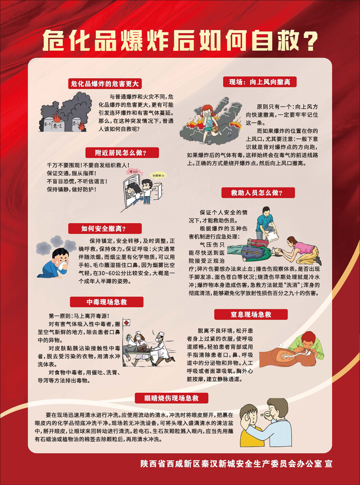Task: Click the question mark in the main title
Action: point(309,40)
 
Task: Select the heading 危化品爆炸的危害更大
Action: point(105,84)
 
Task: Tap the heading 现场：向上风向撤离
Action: point(260,82)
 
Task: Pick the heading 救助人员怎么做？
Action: point(258,193)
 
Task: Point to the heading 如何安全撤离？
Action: point(104,229)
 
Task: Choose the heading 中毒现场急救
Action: point(106,302)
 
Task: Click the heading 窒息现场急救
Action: point(251,314)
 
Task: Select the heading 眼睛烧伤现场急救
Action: point(171,398)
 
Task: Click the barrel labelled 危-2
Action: point(58,124)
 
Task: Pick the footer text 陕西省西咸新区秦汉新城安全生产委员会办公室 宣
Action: point(236,464)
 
